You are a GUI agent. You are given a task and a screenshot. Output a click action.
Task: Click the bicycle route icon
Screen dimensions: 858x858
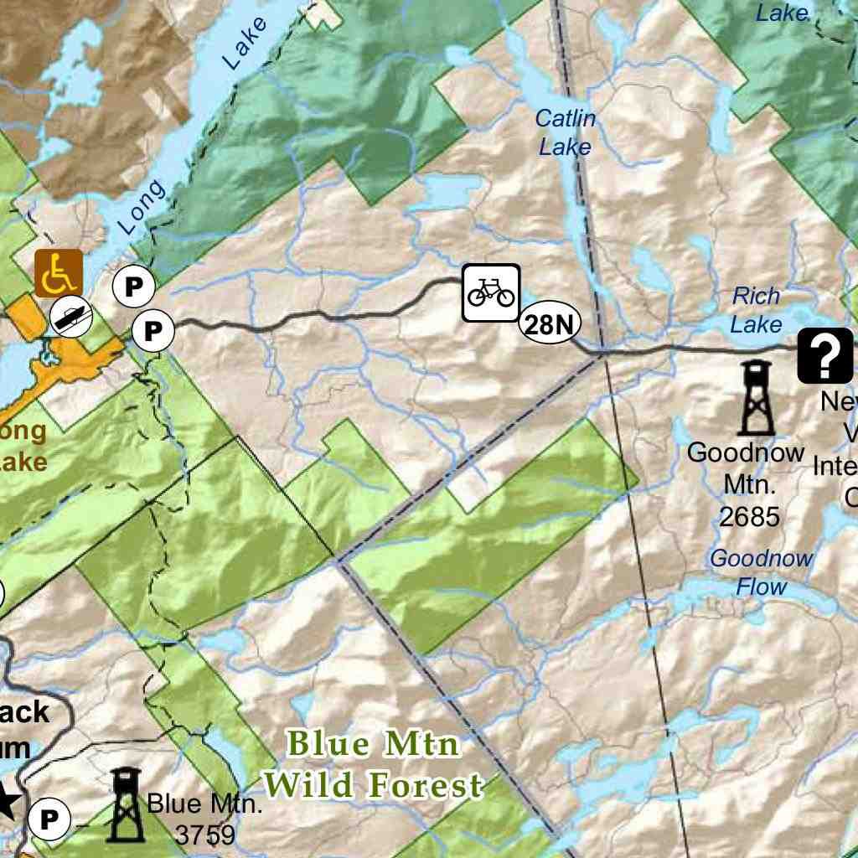(492, 292)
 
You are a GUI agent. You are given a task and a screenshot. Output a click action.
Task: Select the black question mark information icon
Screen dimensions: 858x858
(824, 355)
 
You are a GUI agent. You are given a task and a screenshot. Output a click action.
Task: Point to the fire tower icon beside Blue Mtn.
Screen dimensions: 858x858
(126, 804)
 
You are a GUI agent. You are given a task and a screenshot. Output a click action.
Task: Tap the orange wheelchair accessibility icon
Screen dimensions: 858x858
(58, 273)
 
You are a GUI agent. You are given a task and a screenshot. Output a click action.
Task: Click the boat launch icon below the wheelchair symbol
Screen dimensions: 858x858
(70, 315)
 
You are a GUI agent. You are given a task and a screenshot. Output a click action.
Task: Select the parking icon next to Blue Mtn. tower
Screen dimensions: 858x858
(49, 819)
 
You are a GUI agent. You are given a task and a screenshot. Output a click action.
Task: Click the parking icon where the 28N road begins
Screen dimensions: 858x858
(152, 330)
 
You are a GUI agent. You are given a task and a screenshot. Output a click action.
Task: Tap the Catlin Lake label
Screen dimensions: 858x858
(566, 132)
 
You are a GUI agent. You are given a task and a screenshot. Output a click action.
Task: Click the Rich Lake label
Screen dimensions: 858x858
(756, 310)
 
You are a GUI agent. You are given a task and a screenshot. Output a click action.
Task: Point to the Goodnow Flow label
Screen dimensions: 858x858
(762, 572)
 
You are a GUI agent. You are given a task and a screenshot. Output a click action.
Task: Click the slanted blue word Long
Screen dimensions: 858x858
(142, 207)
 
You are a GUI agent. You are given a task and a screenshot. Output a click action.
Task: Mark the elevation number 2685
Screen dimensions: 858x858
(749, 517)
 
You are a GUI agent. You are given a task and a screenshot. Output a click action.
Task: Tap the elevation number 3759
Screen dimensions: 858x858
(205, 835)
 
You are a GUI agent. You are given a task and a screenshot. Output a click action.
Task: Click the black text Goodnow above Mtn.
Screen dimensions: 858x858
(746, 453)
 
